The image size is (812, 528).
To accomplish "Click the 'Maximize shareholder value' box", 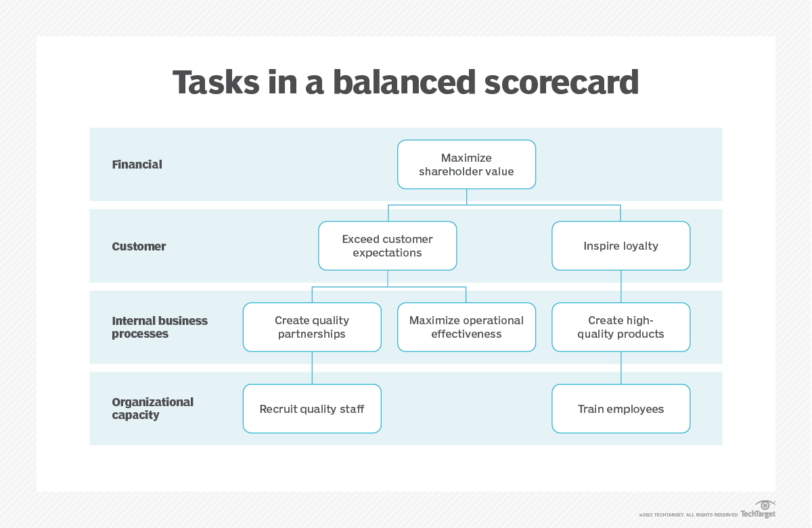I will (x=466, y=164).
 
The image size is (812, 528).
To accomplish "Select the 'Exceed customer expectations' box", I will (x=388, y=246).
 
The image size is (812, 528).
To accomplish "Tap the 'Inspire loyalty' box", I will (x=621, y=246).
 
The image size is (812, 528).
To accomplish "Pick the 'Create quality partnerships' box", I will (x=312, y=327).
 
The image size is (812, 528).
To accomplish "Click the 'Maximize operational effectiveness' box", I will (x=466, y=327).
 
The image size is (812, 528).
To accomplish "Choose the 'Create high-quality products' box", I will (x=621, y=327).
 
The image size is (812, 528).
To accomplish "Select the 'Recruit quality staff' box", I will (x=312, y=409).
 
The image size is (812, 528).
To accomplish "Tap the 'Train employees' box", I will (x=621, y=409).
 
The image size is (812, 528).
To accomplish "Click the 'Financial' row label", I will (x=137, y=164).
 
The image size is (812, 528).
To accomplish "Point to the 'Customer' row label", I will (x=139, y=246).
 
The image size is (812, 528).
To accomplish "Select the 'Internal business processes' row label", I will (x=159, y=327).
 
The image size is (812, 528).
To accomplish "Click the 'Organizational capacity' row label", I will (x=152, y=408).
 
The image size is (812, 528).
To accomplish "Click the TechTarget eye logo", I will (x=765, y=505).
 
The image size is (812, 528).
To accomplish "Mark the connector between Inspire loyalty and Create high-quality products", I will (x=621, y=286).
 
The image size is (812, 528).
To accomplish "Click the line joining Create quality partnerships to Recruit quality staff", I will (x=312, y=368).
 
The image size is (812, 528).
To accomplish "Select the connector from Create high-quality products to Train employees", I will (x=621, y=368).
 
